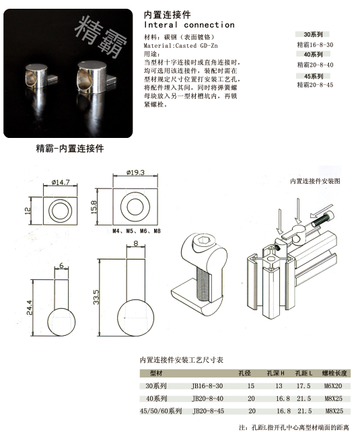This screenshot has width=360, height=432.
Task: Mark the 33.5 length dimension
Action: click(x=97, y=295)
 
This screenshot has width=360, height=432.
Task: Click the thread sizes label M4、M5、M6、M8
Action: click(x=137, y=230)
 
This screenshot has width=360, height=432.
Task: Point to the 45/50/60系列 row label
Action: click(x=161, y=410)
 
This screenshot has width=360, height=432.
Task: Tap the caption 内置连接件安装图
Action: click(x=316, y=181)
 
